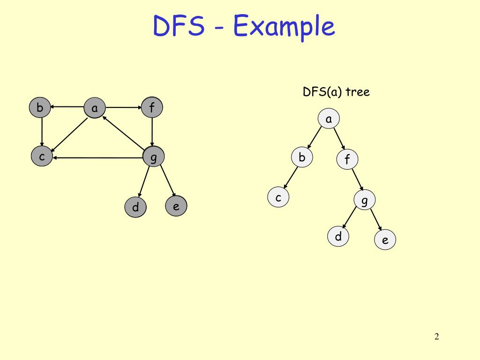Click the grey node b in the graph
[x=40, y=108]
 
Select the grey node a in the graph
[x=95, y=109]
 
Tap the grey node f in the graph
[x=152, y=108]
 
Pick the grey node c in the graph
[x=42, y=157]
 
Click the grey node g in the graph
[x=153, y=157]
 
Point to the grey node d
[x=135, y=207]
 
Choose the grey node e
[x=176, y=206]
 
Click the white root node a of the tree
[x=329, y=119]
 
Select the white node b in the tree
[x=302, y=157]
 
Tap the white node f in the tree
[x=347, y=160]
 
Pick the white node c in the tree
[x=278, y=197]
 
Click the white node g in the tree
[x=365, y=201]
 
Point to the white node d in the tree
[x=338, y=237]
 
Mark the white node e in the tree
[x=385, y=240]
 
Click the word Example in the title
[x=284, y=26]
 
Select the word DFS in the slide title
[x=179, y=26]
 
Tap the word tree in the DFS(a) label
[x=358, y=92]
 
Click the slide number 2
[x=437, y=337]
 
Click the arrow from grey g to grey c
[x=98, y=157]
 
